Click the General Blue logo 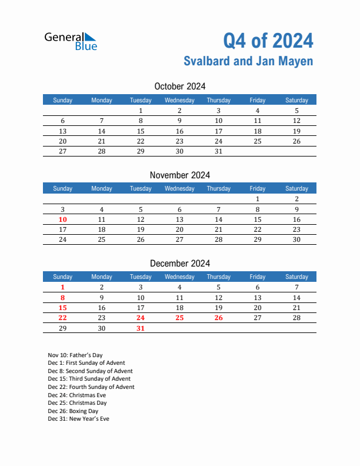point(71,41)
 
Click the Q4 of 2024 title point(268,40)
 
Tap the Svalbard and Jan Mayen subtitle point(248,61)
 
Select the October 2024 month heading point(179,86)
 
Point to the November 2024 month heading point(179,175)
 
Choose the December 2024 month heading point(179,263)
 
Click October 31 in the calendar point(218,151)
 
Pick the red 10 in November point(63,219)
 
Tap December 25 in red point(179,318)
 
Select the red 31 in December point(141,328)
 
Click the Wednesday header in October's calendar point(179,100)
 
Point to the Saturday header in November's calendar point(296,188)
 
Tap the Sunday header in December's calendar point(63,277)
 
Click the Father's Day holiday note point(75,355)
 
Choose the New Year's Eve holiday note point(78,419)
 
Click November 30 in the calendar point(296,239)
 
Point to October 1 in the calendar point(141,111)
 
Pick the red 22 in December point(63,318)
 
